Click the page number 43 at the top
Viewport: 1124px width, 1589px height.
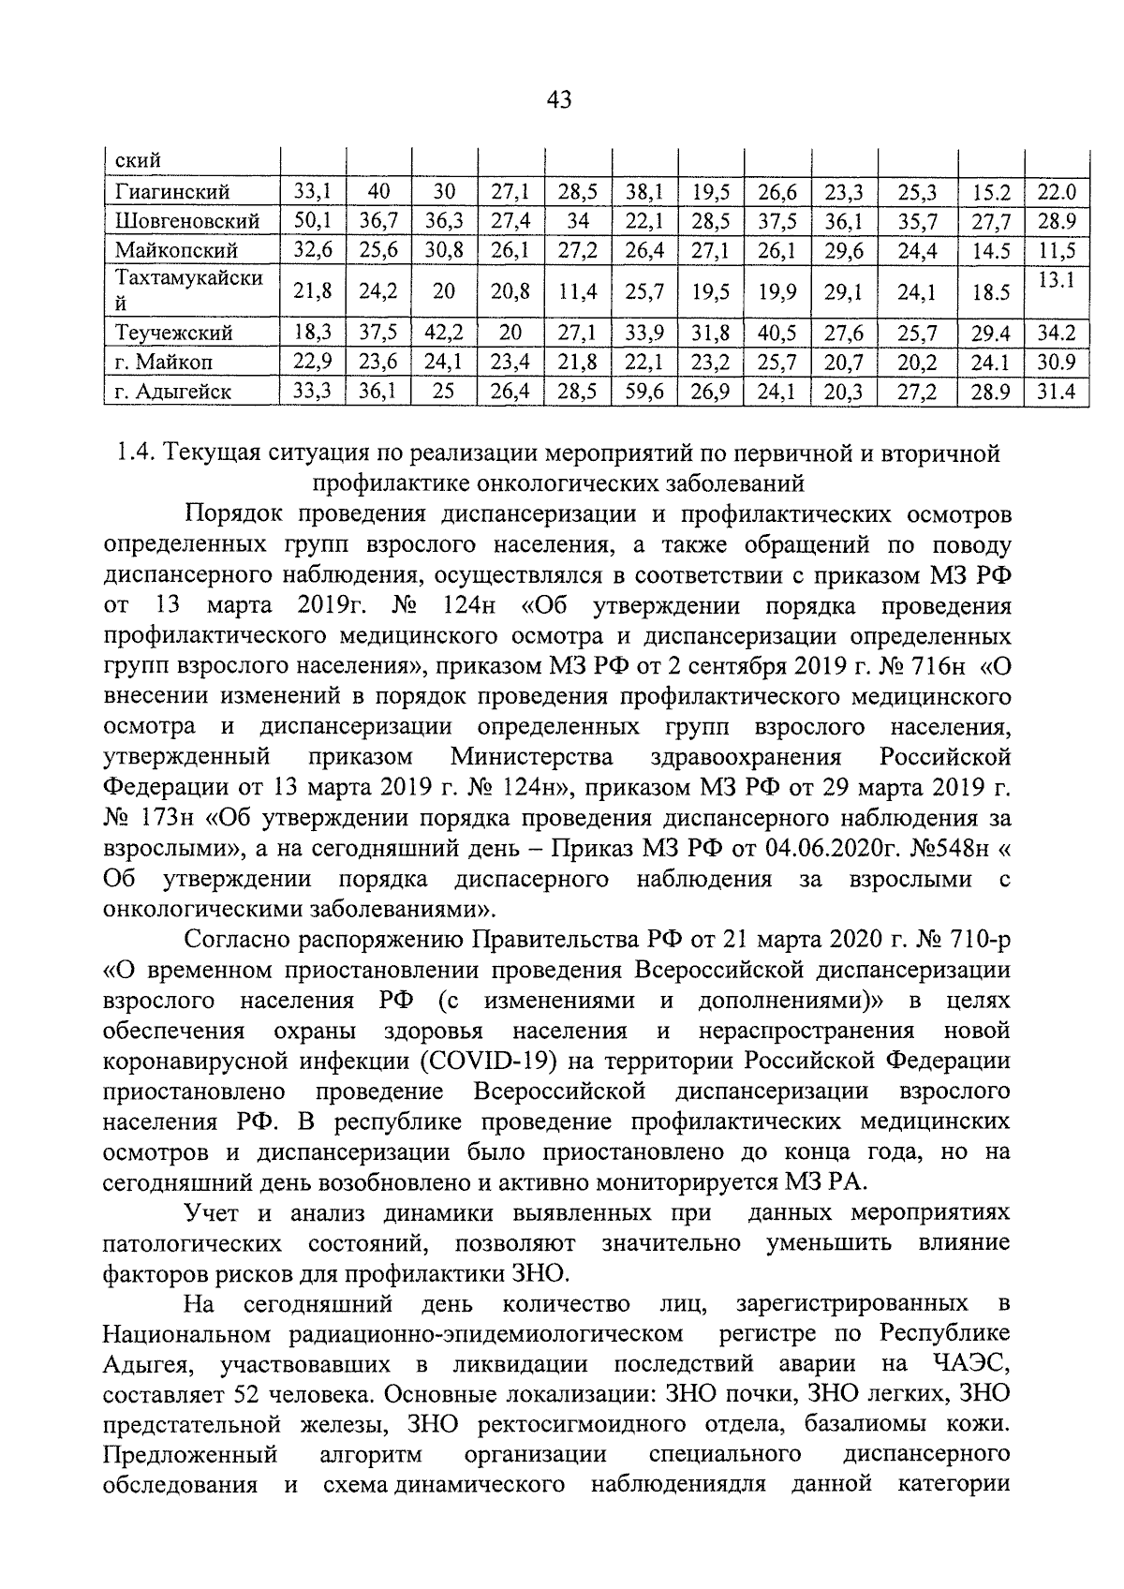(558, 99)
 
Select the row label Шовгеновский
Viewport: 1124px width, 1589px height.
(187, 222)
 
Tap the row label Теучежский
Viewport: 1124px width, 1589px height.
(174, 333)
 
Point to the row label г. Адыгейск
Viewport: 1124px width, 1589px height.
(173, 391)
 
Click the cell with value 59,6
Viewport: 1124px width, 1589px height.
(644, 391)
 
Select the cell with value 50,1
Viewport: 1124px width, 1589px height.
(313, 222)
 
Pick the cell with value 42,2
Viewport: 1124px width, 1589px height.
(444, 333)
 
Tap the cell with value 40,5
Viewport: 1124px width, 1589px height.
(777, 333)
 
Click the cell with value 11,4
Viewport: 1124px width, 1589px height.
(578, 292)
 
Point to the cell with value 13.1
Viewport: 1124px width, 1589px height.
(1056, 279)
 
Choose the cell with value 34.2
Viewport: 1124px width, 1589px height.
(1056, 333)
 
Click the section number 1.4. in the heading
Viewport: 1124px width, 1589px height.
(134, 453)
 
